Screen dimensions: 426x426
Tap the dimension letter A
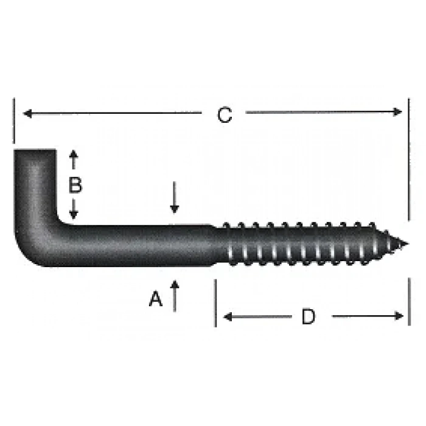click(156, 299)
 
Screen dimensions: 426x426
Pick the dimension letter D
click(309, 316)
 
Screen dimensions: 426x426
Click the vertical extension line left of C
click(13, 122)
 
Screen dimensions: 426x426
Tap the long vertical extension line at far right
click(408, 158)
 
